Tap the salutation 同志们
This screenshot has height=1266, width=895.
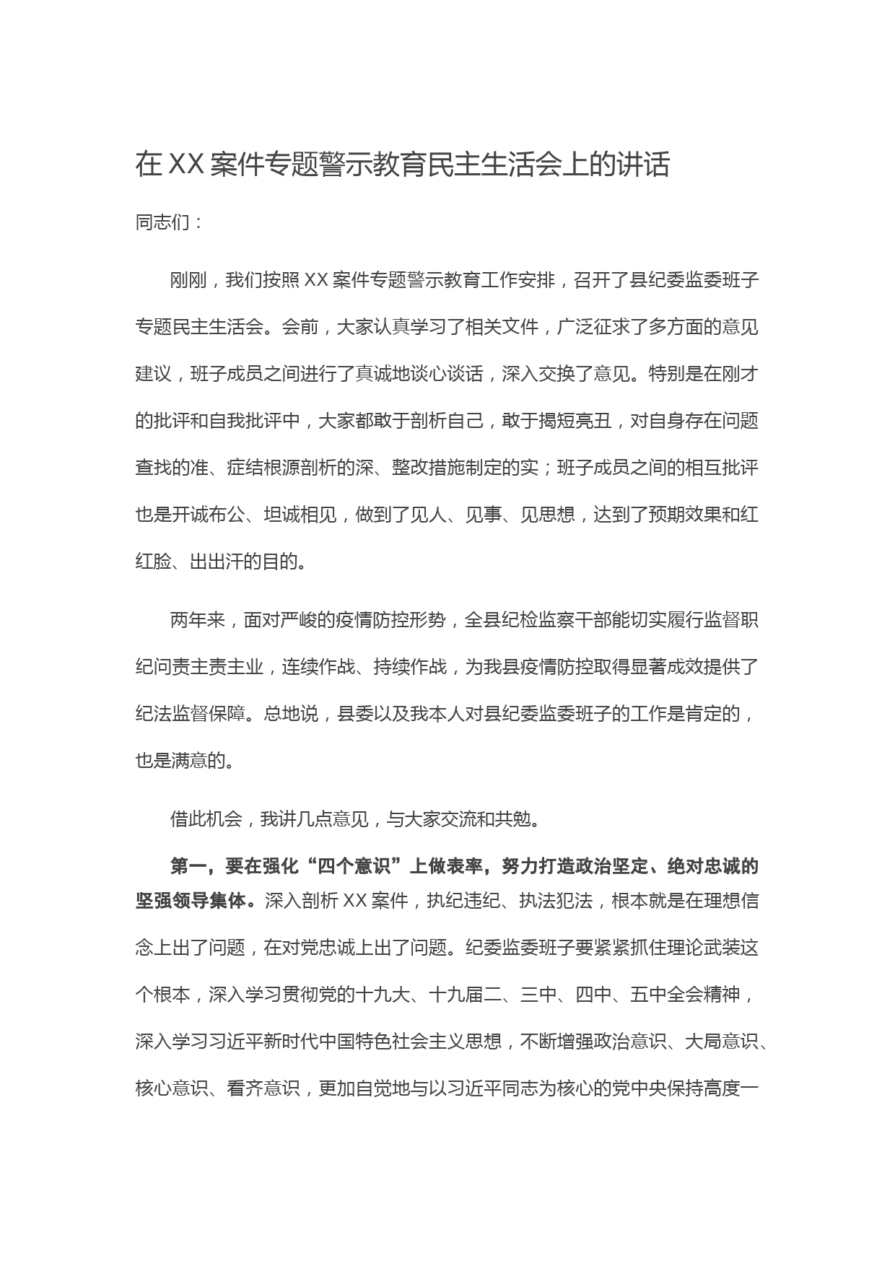point(162,222)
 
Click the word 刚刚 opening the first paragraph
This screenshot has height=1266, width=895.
point(188,280)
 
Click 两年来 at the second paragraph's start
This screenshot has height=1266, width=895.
point(198,620)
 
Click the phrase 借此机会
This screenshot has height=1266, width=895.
point(206,819)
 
